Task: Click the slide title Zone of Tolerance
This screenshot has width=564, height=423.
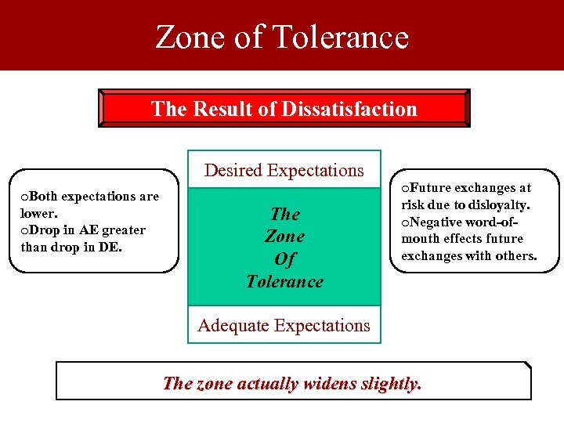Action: (x=282, y=37)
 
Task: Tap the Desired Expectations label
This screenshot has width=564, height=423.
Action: (x=284, y=170)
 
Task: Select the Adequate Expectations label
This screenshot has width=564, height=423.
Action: (x=284, y=325)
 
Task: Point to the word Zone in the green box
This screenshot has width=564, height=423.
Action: (x=285, y=236)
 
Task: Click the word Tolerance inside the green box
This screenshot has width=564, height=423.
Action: (x=284, y=281)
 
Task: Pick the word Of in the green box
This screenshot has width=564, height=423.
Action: (x=285, y=258)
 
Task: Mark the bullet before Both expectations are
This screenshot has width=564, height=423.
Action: (x=25, y=197)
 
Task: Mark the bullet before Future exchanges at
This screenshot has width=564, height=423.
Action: (x=405, y=188)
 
